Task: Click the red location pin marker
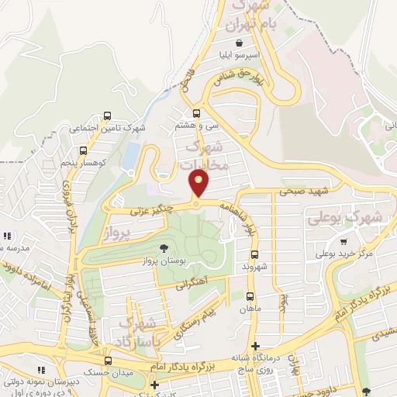199,183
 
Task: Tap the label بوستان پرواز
176,262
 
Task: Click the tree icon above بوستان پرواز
164,248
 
